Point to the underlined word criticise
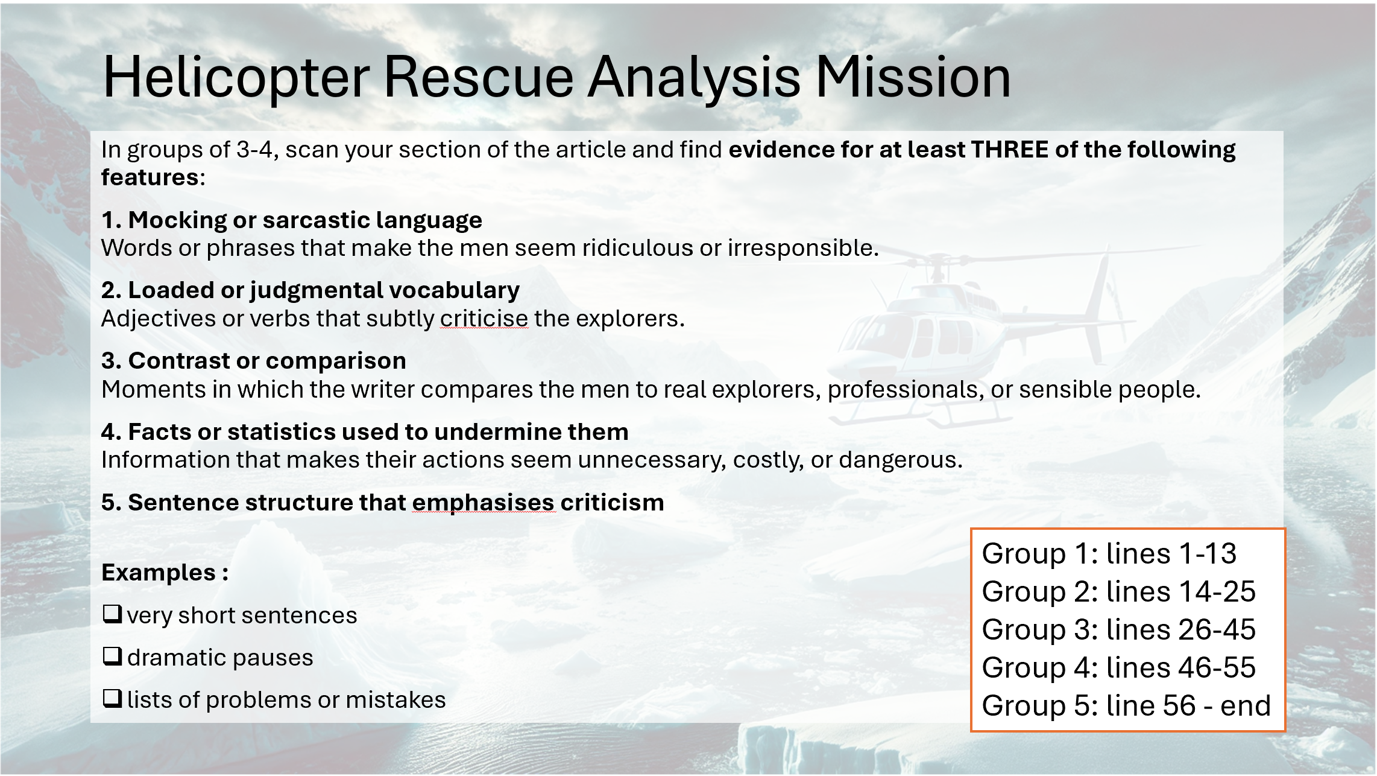(484, 319)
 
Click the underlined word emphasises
(484, 503)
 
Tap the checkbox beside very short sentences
(112, 614)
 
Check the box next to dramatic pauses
(112, 656)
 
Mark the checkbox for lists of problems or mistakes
(112, 698)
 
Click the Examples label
(165, 573)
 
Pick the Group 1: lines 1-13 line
(1109, 553)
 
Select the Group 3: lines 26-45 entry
(1119, 629)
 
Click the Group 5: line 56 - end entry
(1126, 705)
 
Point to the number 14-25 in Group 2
(1217, 591)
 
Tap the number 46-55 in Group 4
(1217, 667)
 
